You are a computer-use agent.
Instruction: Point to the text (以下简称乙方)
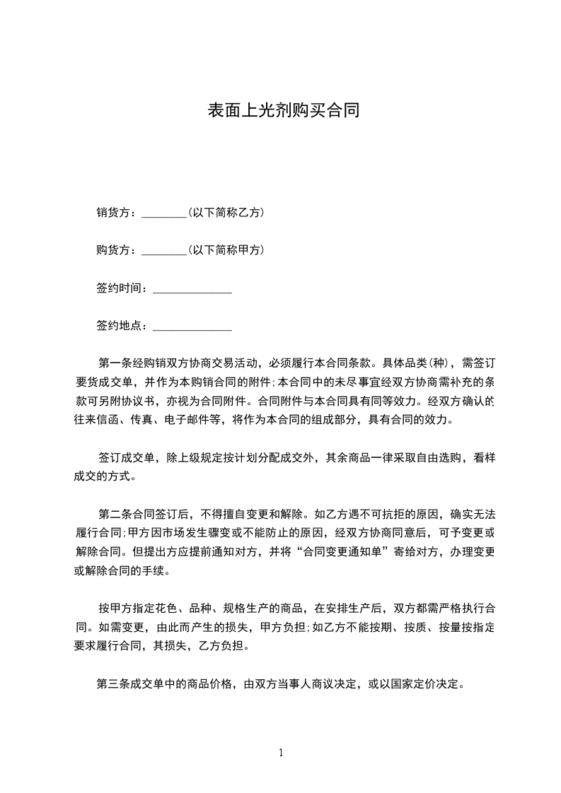point(226,212)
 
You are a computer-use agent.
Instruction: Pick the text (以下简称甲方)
point(226,250)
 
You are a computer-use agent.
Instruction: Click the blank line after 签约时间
point(192,290)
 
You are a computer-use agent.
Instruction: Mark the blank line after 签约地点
point(192,329)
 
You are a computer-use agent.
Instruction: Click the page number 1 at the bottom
point(281,753)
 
